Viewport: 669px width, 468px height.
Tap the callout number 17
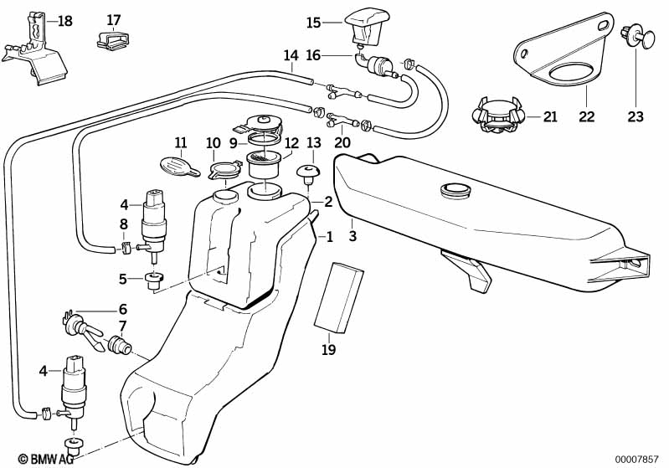pyautogui.click(x=114, y=19)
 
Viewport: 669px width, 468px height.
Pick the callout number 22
pyautogui.click(x=586, y=117)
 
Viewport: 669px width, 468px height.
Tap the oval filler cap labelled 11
pyautogui.click(x=177, y=164)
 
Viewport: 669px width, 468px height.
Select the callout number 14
pyautogui.click(x=291, y=57)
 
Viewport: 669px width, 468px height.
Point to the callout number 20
pyautogui.click(x=342, y=142)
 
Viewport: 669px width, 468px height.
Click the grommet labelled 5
pyautogui.click(x=154, y=280)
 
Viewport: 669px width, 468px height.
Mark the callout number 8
pyautogui.click(x=124, y=224)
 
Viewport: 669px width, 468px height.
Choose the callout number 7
pyautogui.click(x=122, y=325)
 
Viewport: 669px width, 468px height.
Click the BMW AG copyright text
pyautogui.click(x=40, y=459)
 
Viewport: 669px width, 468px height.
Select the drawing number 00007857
pyautogui.click(x=639, y=459)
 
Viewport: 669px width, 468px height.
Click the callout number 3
pyautogui.click(x=353, y=236)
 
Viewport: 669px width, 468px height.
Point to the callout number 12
pyautogui.click(x=291, y=143)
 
